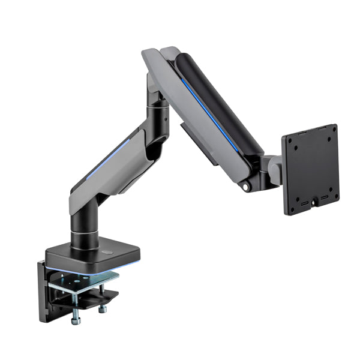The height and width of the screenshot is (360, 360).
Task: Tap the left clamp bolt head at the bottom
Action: [76, 320]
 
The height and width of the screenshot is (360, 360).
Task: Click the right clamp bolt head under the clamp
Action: [103, 309]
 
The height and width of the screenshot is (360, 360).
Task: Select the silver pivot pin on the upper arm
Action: [245, 187]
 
